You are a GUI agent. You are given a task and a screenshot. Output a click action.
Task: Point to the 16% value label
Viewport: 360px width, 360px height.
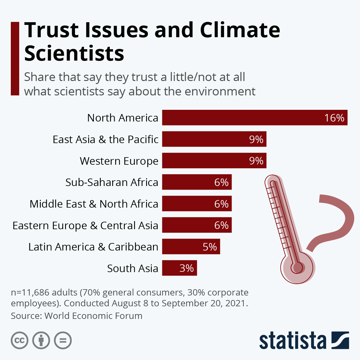click(334, 118)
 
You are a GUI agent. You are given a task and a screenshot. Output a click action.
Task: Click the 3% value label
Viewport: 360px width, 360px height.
click(187, 268)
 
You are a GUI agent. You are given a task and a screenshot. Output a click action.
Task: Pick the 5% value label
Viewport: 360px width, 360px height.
click(210, 247)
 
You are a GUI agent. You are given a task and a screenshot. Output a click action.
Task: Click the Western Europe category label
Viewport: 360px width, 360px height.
click(119, 161)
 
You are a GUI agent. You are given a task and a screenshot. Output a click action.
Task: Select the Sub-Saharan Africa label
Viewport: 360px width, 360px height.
click(112, 182)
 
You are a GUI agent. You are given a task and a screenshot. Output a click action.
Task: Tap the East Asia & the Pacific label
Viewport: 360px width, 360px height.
click(105, 139)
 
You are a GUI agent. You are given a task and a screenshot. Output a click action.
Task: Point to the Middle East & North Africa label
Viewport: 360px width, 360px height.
click(94, 204)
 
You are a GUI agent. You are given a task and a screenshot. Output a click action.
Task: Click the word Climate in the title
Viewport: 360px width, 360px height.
click(240, 30)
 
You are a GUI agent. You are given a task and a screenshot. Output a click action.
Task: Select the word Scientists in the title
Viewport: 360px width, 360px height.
click(74, 53)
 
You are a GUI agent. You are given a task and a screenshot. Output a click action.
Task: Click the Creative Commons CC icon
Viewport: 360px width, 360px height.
click(19, 340)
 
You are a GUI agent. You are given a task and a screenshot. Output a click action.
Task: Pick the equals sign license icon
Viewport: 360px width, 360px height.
click(63, 340)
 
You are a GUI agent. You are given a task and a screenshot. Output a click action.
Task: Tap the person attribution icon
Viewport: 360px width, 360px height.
click(41, 340)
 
